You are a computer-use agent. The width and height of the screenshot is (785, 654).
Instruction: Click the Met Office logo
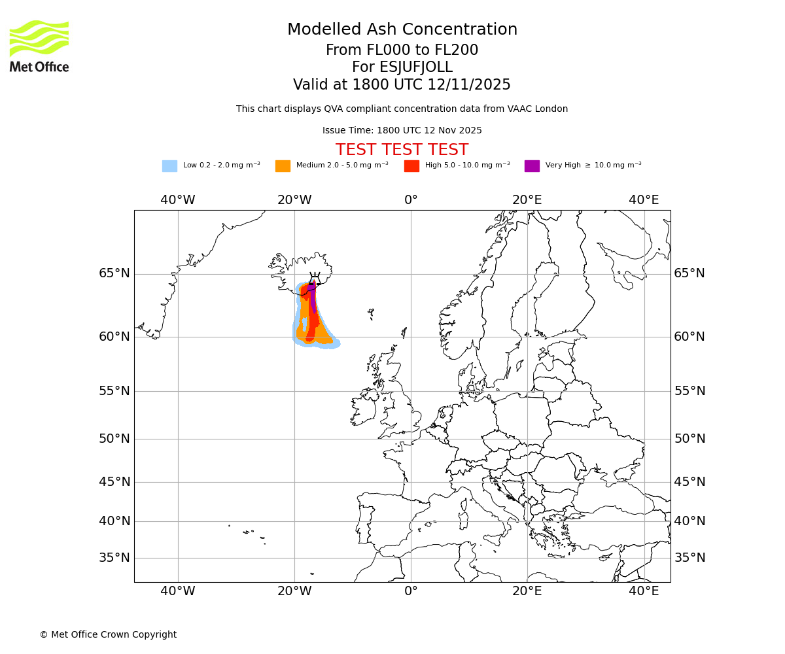point(39,46)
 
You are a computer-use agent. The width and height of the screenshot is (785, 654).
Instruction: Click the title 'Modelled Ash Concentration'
point(402,29)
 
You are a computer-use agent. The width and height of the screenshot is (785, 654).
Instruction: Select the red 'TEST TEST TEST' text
point(402,150)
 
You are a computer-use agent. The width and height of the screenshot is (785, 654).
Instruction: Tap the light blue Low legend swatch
point(169,166)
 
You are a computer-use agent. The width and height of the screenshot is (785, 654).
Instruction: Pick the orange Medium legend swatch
point(283,166)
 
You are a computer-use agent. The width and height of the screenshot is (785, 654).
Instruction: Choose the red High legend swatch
point(411,166)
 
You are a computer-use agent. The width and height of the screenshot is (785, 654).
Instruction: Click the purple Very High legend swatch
point(532,166)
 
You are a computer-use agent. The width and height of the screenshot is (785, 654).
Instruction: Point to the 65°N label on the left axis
point(114,273)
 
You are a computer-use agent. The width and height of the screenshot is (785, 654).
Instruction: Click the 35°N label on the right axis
point(689,558)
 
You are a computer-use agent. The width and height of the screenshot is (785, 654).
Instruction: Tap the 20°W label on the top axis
point(294,200)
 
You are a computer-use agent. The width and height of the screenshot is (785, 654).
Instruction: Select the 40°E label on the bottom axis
point(644,591)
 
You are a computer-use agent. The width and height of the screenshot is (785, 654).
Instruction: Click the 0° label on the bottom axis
point(411,591)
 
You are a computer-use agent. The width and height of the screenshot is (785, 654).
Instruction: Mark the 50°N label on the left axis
point(114,439)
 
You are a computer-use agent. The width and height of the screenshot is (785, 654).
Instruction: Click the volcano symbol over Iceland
point(315,279)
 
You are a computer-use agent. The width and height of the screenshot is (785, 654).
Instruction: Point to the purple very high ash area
point(313,294)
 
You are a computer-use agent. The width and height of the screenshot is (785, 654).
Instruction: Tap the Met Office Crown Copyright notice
point(108,634)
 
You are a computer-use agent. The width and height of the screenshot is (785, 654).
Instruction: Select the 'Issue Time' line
point(402,130)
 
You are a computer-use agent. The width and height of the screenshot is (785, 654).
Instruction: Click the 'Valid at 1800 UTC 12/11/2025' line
point(402,84)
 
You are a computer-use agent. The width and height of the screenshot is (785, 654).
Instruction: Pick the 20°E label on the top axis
point(527,200)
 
